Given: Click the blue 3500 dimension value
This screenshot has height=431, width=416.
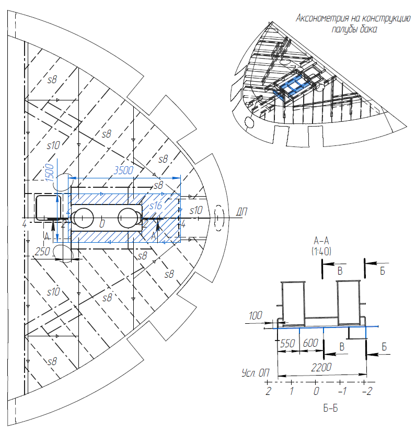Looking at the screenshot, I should pos(124,171).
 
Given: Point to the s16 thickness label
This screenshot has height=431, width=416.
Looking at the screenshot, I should pos(156,206).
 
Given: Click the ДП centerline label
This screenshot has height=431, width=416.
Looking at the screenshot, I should pos(240,212).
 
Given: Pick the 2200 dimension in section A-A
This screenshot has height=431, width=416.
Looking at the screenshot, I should pos(320,367).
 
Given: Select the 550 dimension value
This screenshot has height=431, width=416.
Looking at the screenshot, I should pos(287,344).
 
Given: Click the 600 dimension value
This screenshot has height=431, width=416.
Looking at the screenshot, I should pos(310,344).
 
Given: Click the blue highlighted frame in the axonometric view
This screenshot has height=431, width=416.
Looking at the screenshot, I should pos(293,86).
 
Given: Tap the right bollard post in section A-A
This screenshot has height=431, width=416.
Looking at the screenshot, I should pos(349,301).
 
